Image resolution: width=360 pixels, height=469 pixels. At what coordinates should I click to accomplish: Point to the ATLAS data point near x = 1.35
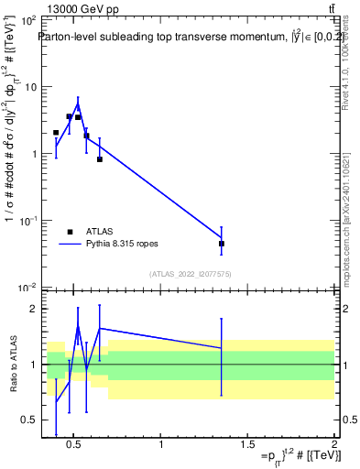click(222, 244)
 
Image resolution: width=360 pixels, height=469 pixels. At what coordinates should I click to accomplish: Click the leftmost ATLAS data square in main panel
click(56, 133)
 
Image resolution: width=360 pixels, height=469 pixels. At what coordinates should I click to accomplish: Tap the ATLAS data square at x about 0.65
click(100, 159)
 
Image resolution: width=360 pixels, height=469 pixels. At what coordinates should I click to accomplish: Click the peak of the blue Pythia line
click(78, 102)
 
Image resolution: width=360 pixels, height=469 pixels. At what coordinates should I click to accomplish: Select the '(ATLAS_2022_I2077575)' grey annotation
click(190, 273)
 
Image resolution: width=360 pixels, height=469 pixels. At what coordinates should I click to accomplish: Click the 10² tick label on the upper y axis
click(28, 20)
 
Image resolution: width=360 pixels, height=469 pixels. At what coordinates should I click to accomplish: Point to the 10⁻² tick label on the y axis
click(28, 288)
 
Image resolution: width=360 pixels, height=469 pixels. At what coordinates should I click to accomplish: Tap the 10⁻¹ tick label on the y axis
click(28, 221)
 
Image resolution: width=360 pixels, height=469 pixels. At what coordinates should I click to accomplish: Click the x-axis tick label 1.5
click(248, 446)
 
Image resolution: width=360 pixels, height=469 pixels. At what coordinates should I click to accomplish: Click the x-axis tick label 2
click(334, 446)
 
